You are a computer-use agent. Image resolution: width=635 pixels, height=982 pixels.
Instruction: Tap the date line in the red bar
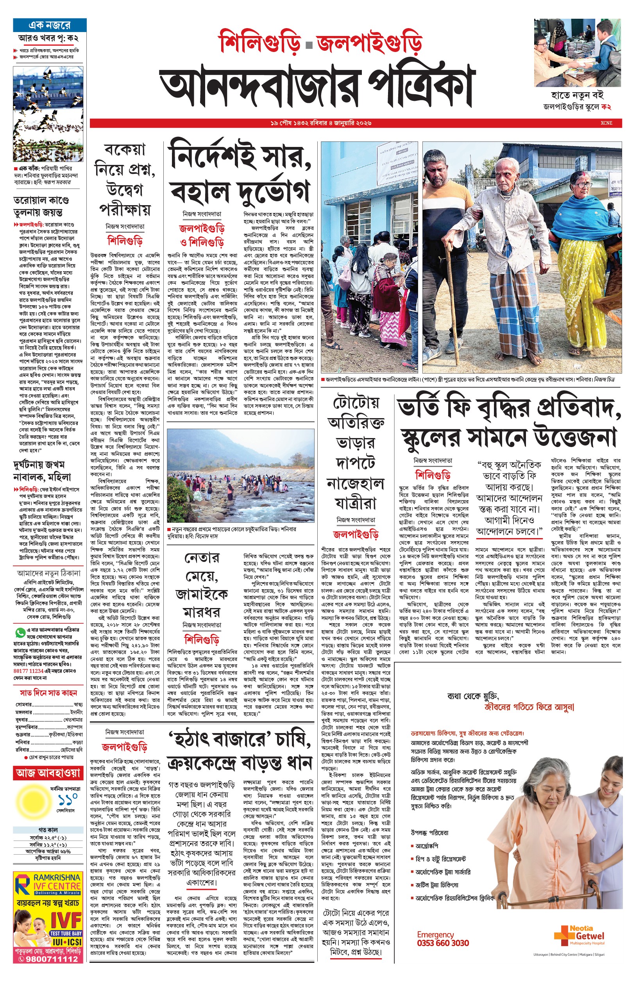click(x=321, y=123)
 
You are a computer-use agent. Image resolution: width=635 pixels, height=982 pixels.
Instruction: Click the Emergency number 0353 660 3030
click(x=442, y=943)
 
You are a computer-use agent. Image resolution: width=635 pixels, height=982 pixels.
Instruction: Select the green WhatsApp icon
click(x=20, y=632)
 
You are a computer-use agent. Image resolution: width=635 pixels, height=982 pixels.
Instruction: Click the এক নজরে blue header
click(x=50, y=25)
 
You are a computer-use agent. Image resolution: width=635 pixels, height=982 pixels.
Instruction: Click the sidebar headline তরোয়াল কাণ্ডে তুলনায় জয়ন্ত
click(x=41, y=206)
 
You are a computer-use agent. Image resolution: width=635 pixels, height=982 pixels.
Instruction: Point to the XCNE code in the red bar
click(x=606, y=123)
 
